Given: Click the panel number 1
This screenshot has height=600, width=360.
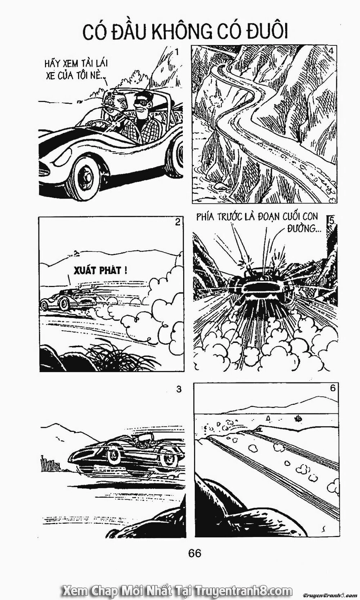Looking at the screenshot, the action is [x=176, y=52].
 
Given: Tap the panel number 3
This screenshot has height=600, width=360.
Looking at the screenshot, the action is [x=179, y=389].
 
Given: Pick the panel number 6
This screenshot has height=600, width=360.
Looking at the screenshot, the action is [x=332, y=388].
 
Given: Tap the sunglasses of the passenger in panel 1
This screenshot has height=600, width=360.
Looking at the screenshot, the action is [x=143, y=103].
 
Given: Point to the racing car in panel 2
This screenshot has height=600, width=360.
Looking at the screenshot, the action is [x=68, y=300].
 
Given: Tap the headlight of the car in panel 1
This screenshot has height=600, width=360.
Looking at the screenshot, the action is [x=62, y=157].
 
